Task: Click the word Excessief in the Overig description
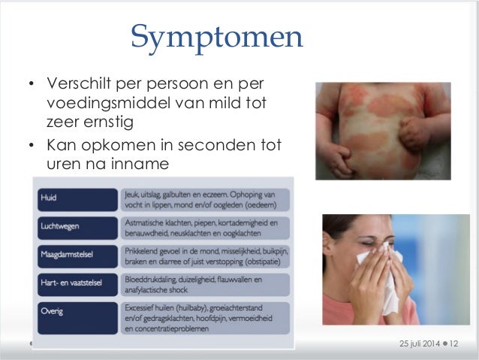click(140, 307)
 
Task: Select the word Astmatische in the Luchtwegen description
click(146, 222)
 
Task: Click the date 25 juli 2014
click(418, 343)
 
